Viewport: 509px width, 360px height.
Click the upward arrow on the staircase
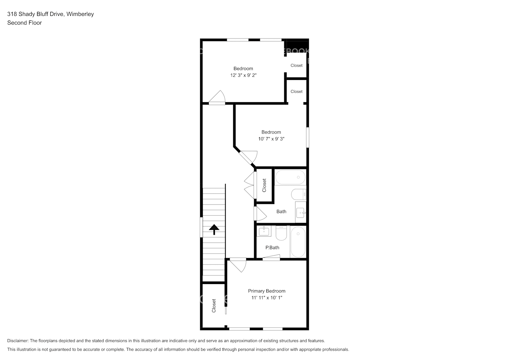point(214,229)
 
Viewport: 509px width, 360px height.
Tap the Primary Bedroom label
point(266,291)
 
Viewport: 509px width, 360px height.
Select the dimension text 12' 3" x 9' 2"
point(243,75)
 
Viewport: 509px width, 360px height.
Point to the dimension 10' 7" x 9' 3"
point(271,139)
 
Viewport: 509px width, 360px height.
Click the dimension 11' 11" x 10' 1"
point(266,298)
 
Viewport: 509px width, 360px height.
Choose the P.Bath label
point(272,248)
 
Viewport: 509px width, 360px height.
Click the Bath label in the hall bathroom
point(281,212)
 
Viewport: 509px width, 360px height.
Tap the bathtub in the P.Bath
point(298,242)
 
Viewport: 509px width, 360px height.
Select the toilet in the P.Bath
point(281,233)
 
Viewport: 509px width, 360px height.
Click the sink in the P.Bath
point(265,231)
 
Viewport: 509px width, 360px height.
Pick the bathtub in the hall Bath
point(290,177)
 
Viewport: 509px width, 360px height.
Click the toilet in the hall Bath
point(298,195)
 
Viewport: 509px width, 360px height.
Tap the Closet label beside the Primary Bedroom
point(214,306)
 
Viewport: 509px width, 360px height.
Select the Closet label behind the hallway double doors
point(264,185)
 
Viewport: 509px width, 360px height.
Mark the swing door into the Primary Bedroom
point(238,265)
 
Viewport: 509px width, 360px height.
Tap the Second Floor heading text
point(24,23)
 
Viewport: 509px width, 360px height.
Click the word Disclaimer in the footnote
point(18,341)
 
